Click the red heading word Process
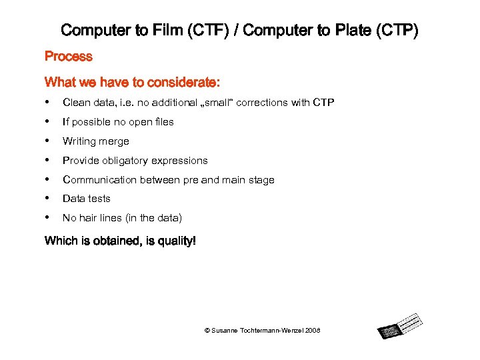coord(68,57)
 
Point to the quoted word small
coord(218,103)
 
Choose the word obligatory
coord(123,161)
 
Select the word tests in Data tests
coord(99,199)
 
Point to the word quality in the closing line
coord(175,241)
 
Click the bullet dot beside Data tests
coord(48,199)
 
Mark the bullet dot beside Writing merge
coord(48,141)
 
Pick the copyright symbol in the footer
coord(207,331)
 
